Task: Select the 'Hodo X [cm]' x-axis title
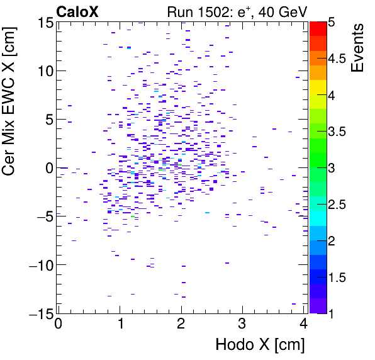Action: (260, 345)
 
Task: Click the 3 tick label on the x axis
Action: (242, 324)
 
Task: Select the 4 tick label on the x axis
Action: (303, 324)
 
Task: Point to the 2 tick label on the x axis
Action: (181, 324)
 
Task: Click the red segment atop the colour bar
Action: (318, 28)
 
